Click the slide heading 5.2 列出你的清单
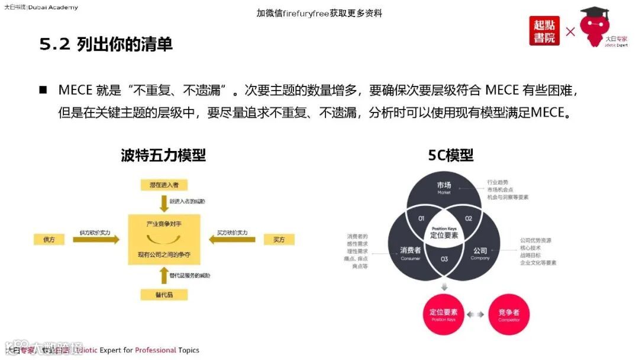point(106,44)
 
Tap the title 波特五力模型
point(163,155)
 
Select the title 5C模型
point(451,155)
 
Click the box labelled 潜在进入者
point(164,185)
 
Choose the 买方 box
point(279,239)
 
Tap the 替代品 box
point(164,294)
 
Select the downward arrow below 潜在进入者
point(164,203)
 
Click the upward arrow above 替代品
point(164,276)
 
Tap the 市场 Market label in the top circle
point(444,188)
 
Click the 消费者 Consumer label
point(410,253)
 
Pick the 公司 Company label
point(480,253)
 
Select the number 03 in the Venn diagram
point(444,259)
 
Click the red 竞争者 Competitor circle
point(509,314)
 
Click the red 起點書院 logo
point(544,31)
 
